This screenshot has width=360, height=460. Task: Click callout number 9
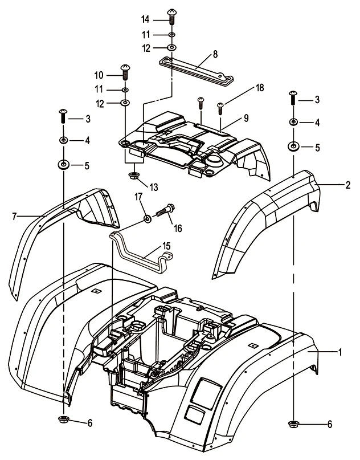point(246,118)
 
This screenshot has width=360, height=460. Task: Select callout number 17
point(138,198)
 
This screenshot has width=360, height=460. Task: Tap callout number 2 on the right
point(347,184)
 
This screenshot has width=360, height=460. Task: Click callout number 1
point(340,353)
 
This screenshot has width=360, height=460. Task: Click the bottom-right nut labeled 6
point(294,423)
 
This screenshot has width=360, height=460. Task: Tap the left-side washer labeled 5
point(63,165)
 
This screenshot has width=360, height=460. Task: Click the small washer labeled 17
point(147,218)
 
